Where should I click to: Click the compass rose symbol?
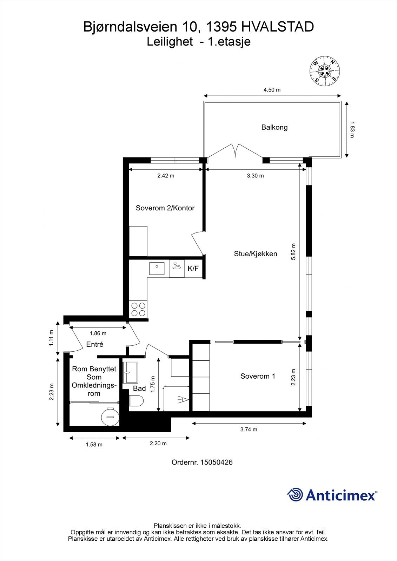click(325, 71)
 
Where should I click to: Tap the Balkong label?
click(274, 127)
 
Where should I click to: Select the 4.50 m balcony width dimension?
click(272, 90)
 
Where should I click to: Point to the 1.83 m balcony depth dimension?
click(352, 129)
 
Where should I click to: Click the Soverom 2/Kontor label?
click(165, 208)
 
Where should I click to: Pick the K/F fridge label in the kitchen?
click(193, 269)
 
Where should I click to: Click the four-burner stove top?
click(138, 309)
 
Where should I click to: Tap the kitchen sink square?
click(157, 268)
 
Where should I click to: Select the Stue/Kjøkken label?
click(256, 254)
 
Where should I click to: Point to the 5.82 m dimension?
click(293, 251)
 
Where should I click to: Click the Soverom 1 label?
click(258, 376)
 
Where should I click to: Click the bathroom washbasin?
click(130, 372)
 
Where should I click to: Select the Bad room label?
click(139, 388)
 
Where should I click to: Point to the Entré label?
click(94, 344)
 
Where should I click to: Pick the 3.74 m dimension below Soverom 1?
click(249, 430)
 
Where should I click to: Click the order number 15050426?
click(217, 462)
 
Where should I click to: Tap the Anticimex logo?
click(332, 495)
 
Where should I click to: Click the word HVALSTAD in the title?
click(278, 27)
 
